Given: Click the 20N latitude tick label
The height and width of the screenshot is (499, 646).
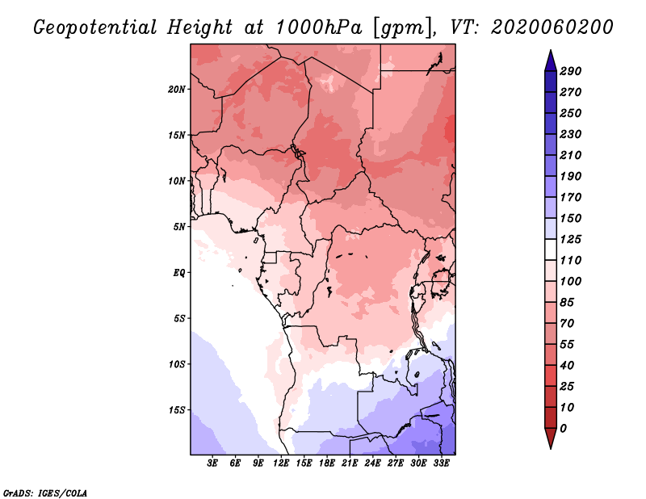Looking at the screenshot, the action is (177, 90).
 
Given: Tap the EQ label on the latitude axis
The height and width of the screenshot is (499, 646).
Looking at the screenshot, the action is (179, 273).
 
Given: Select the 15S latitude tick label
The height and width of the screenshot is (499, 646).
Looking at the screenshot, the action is (177, 410).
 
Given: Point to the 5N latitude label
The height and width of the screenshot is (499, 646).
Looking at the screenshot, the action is (179, 227).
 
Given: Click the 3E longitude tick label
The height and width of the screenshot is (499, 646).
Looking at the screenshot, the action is (212, 463).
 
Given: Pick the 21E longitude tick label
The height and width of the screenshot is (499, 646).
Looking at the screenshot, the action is (350, 463).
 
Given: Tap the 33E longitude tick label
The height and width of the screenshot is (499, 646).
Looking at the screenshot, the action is (441, 463).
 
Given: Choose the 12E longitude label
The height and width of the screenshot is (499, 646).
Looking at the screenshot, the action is (281, 463).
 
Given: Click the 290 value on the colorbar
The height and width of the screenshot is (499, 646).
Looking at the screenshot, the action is (570, 72).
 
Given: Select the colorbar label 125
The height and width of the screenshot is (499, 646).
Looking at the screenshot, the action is (570, 240).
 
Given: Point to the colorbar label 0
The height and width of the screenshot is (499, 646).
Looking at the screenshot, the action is (563, 429).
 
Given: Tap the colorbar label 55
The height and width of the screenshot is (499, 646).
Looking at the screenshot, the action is (567, 345).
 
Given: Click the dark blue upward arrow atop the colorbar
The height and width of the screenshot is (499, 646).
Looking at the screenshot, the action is (551, 61).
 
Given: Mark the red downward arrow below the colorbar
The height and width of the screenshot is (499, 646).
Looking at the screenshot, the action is (551, 438).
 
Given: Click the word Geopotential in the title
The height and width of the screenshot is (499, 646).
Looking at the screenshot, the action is (95, 28).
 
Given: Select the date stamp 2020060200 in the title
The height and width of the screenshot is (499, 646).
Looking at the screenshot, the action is (552, 27).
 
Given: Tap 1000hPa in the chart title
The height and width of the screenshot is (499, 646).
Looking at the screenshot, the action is (319, 27).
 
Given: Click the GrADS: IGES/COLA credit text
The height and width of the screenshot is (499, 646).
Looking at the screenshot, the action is (45, 493).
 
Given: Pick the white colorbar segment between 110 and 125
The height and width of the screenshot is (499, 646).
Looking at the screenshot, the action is (551, 249).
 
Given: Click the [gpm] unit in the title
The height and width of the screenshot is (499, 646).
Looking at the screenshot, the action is (403, 28).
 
